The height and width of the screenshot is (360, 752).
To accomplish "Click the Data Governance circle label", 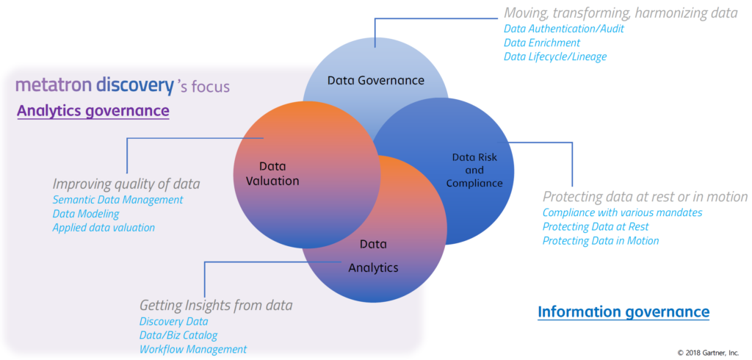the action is click(375, 80).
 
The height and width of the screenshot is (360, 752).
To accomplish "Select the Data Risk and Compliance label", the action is click(477, 170).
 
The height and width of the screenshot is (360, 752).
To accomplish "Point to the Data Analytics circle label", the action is click(373, 256).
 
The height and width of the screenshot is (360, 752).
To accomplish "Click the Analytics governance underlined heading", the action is click(93, 111).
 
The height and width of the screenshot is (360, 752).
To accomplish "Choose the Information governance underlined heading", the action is click(623, 312).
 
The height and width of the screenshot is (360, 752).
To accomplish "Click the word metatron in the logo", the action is click(54, 85).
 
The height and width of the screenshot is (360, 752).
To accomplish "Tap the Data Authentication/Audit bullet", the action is click(564, 29).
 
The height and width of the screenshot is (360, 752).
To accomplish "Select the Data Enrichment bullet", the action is click(542, 43).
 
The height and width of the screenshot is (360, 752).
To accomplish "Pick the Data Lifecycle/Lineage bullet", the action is click(555, 57).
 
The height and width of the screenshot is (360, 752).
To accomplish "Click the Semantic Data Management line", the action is click(117, 199).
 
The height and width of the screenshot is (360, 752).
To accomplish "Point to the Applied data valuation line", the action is click(104, 228).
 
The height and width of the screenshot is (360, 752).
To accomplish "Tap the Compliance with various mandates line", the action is click(623, 212).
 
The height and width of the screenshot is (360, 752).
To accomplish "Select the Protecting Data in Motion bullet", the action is click(601, 240).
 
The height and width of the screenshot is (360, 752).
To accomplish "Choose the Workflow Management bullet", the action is click(193, 349).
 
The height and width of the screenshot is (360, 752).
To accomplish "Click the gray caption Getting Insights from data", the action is click(216, 306).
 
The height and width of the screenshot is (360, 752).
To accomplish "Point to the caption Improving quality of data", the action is click(126, 184).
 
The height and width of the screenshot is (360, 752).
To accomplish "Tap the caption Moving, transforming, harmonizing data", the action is click(620, 13).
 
